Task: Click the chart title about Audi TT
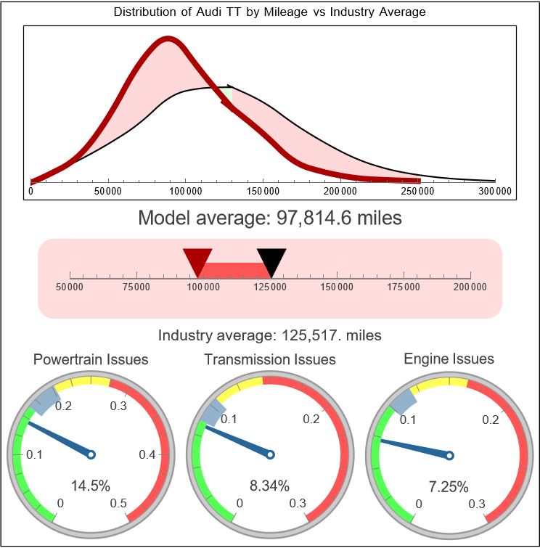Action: tap(270, 12)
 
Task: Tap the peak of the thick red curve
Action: tap(168, 41)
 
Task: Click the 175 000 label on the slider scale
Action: tap(404, 287)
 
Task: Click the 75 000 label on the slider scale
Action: tap(136, 287)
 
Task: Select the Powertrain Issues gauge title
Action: tap(91, 359)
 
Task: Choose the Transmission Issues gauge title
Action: tap(270, 359)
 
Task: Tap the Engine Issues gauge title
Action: tap(449, 359)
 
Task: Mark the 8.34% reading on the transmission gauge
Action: tap(270, 486)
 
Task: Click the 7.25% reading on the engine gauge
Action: tap(449, 486)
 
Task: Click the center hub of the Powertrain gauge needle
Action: tap(91, 454)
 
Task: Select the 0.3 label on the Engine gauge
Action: tap(476, 504)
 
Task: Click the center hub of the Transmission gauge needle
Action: tap(270, 454)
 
